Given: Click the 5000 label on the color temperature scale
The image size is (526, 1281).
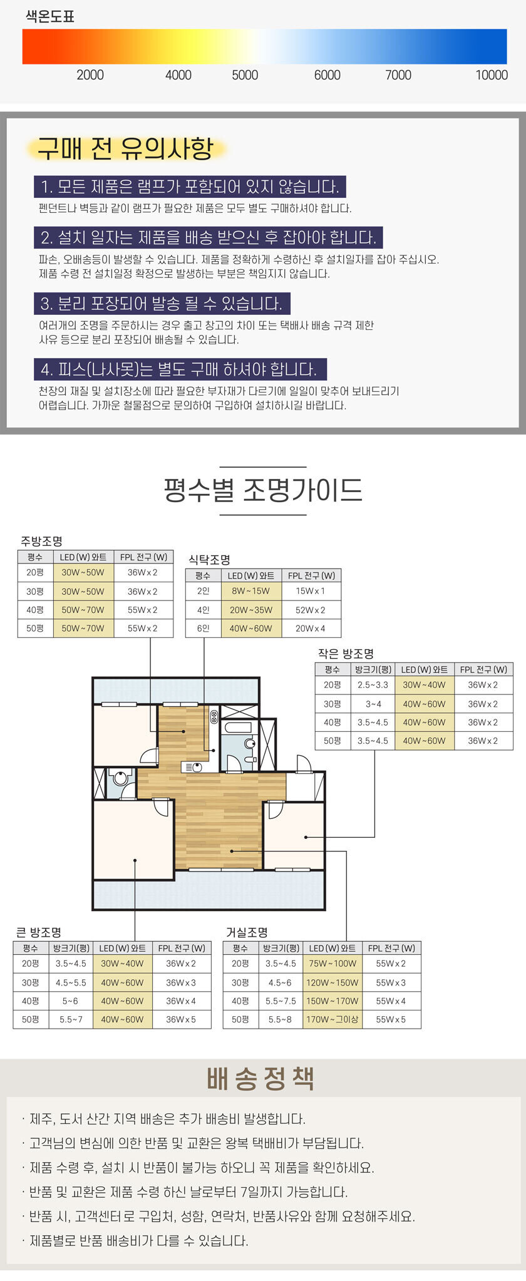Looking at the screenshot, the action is coord(245,75).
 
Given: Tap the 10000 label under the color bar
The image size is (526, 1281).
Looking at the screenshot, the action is coord(492,75).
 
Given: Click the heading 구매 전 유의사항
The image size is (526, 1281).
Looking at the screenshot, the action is coord(125,148).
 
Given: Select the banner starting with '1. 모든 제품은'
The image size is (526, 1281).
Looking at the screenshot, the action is coord(190,187).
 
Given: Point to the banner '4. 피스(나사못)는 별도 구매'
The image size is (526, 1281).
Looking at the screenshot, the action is coord(180,369).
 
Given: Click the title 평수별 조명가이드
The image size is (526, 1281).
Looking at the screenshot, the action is coord(263,490).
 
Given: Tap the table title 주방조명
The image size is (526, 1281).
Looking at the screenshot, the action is coord(41,541).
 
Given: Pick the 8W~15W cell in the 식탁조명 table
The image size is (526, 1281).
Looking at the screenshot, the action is coord(250,591).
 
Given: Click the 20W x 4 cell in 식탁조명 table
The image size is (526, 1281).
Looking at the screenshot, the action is coord(311,628).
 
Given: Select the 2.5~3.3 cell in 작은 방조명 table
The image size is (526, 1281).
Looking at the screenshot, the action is coord(373,685).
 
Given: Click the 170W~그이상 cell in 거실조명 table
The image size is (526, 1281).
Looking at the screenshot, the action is coord(332,1019).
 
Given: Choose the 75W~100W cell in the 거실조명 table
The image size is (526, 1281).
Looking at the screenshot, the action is coord(332,964).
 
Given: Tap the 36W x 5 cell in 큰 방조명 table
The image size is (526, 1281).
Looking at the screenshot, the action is coord(181,1019).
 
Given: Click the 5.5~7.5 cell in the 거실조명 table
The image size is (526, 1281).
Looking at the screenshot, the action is coord(280,1001).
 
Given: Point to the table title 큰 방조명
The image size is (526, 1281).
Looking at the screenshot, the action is coord(38,932).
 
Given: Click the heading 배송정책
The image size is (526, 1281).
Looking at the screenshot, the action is coord(260,1079).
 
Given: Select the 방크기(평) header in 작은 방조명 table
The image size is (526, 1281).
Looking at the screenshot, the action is coord(373,669).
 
